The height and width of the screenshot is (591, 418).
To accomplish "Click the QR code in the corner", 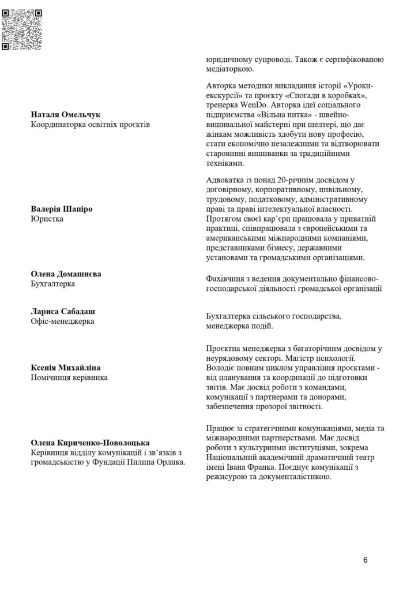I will pos(23,25).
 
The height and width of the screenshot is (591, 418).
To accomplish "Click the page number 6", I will pos(366,559).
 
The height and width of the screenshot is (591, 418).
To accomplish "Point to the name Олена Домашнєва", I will pos(66,274).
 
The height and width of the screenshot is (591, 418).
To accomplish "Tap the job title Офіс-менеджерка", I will pos(62,321).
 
